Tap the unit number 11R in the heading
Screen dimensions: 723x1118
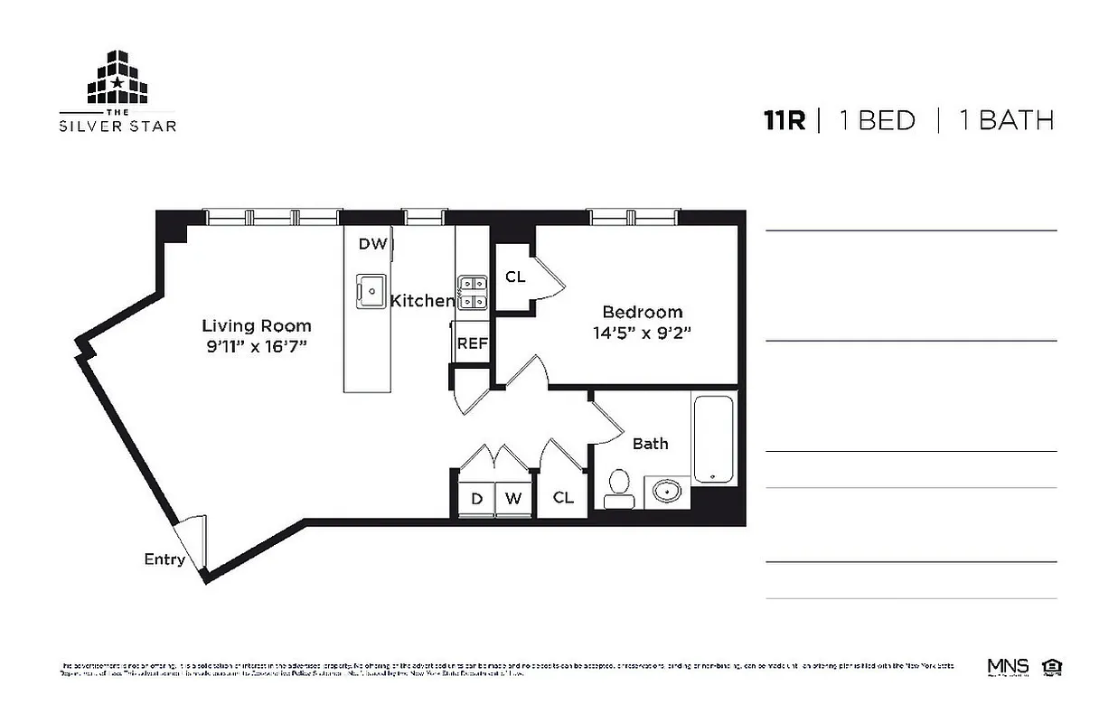pyautogui.click(x=783, y=120)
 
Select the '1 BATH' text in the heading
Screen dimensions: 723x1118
pyautogui.click(x=1006, y=120)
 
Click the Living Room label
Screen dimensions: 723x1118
pyautogui.click(x=256, y=326)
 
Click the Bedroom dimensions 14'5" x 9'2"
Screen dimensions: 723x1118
pyautogui.click(x=642, y=332)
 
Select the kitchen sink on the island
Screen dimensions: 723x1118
pyautogui.click(x=370, y=289)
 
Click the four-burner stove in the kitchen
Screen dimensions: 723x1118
pyautogui.click(x=473, y=293)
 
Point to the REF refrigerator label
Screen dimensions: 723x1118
pyautogui.click(x=472, y=343)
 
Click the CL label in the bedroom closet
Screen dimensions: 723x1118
pyautogui.click(x=515, y=277)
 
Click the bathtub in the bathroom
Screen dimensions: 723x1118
pyautogui.click(x=714, y=437)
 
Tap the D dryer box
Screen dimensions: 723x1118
pyautogui.click(x=476, y=498)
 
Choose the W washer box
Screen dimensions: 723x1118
pyautogui.click(x=513, y=498)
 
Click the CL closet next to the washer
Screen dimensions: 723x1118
pyautogui.click(x=563, y=497)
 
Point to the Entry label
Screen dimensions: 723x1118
pyautogui.click(x=164, y=559)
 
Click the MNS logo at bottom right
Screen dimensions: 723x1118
pyautogui.click(x=1008, y=667)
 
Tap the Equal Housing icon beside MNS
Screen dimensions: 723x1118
pyautogui.click(x=1050, y=667)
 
